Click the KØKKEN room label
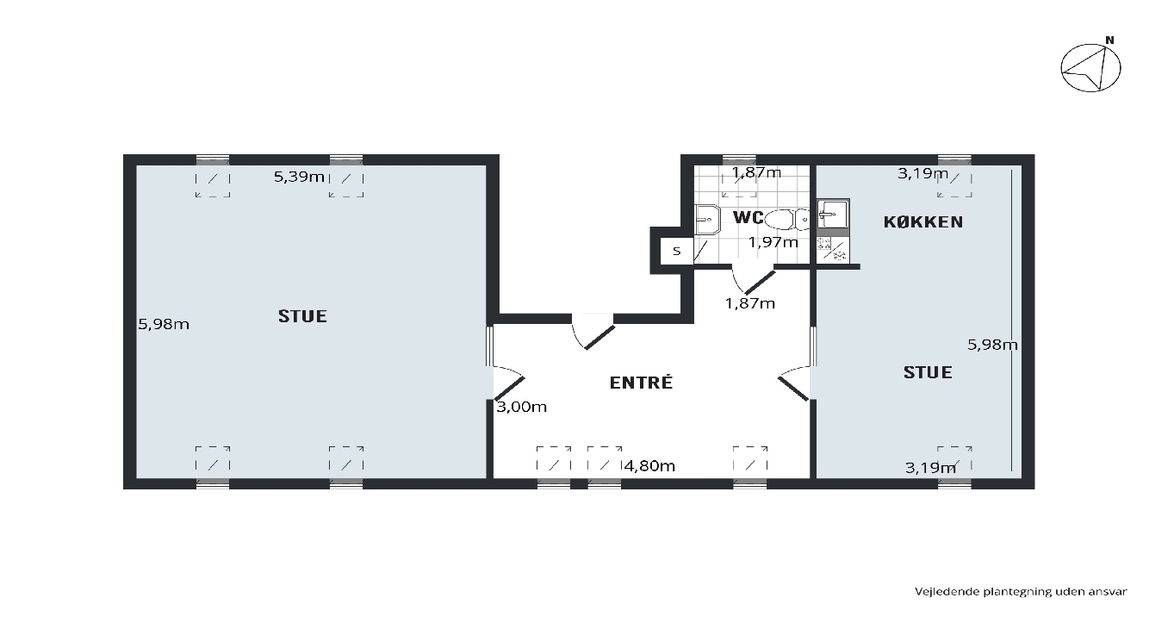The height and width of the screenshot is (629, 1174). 923,222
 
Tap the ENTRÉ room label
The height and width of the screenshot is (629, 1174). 641,383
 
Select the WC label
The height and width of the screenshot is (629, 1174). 749,217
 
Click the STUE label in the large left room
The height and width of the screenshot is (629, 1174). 302,316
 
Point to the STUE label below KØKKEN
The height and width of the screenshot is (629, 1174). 928,372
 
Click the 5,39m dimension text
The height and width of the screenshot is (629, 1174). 299,177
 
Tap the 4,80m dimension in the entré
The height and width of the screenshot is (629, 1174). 649,465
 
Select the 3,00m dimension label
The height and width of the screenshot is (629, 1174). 521,407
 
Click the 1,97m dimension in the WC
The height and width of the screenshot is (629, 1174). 773,242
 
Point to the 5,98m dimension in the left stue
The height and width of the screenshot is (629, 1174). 164,325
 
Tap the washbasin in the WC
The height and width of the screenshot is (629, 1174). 707,219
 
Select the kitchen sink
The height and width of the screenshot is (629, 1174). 833,214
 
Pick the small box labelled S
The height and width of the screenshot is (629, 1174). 677,251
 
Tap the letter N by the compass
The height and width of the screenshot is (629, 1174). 1109,40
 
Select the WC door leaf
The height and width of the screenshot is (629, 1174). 760,283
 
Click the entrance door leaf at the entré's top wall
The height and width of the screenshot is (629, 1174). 599,337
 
